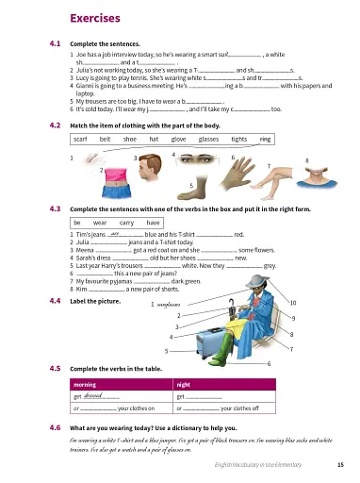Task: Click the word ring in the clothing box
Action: [265, 140]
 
